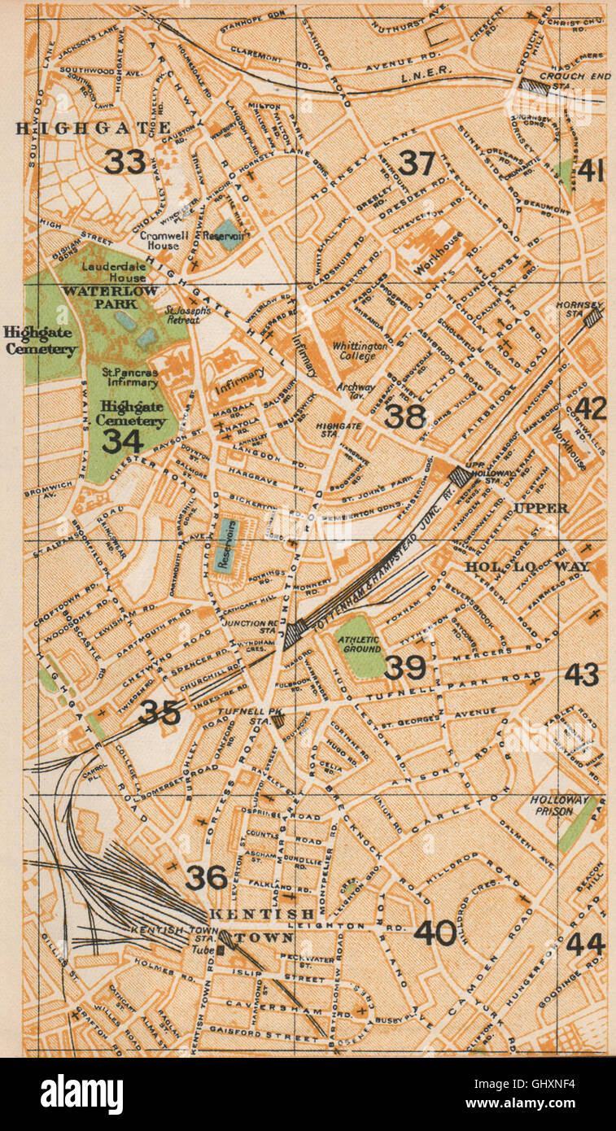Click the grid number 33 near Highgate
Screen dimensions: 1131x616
click(x=125, y=162)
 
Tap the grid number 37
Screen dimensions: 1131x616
click(x=416, y=164)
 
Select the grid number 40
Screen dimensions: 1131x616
click(x=435, y=932)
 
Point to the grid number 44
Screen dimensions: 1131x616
click(x=585, y=944)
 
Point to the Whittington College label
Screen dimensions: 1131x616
click(x=360, y=352)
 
